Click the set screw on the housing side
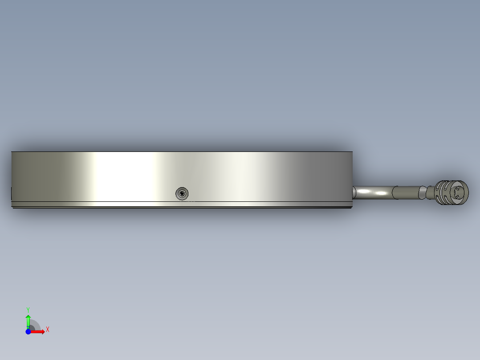[182, 194]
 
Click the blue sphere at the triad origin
[28, 331]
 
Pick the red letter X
[48, 330]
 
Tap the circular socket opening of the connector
[460, 192]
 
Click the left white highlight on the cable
[364, 192]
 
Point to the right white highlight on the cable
[382, 193]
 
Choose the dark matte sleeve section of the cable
[406, 192]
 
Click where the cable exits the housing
[354, 192]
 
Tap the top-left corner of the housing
[12, 152]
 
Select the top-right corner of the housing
[353, 152]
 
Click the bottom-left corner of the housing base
[12, 208]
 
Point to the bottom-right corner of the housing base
[352, 208]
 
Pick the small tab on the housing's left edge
[11, 193]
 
